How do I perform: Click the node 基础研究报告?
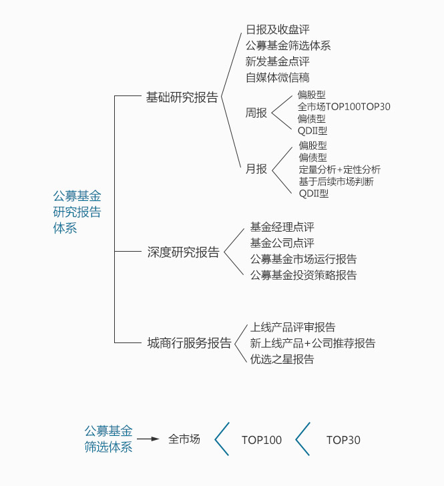182,97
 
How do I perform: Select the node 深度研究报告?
183,252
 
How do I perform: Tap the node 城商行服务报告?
189,343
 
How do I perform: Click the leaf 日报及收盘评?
278,29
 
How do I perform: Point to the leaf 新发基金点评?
278,61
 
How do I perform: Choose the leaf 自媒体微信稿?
278,77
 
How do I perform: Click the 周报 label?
256,113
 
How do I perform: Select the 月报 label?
256,169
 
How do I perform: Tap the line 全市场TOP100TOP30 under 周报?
344,107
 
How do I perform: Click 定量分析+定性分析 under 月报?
340,170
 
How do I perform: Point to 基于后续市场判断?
336,182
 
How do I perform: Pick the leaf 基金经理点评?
282,227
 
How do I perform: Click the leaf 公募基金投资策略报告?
304,275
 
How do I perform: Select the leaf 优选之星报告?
282,359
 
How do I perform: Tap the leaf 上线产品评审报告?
292,327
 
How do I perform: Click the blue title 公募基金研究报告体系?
77,212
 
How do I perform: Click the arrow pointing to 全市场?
148,439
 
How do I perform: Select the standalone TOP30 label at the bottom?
343,440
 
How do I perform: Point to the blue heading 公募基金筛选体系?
109,439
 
